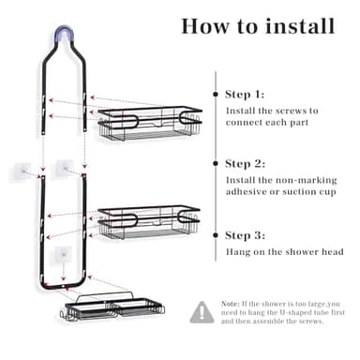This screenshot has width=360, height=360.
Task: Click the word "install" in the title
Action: point(300,26)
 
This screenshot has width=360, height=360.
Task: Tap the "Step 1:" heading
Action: point(245,95)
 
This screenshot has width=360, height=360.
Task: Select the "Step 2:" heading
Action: point(245,164)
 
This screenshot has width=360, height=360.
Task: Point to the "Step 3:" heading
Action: point(245,235)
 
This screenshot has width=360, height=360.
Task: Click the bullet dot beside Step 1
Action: point(216,94)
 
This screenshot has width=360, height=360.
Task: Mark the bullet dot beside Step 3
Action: point(216,235)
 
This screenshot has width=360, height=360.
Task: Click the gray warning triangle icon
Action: point(202,312)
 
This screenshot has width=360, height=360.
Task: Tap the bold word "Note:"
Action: point(231,304)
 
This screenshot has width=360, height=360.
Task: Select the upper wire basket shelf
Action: point(150,123)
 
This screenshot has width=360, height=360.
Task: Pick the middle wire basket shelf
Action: point(149,222)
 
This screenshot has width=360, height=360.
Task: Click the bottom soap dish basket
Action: point(112,307)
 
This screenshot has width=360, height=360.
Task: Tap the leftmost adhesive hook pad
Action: point(22,171)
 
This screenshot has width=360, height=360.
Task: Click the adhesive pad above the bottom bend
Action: point(63,254)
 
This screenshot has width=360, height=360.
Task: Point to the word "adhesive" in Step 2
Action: point(247,191)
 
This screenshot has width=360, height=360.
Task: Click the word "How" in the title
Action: point(204,26)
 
